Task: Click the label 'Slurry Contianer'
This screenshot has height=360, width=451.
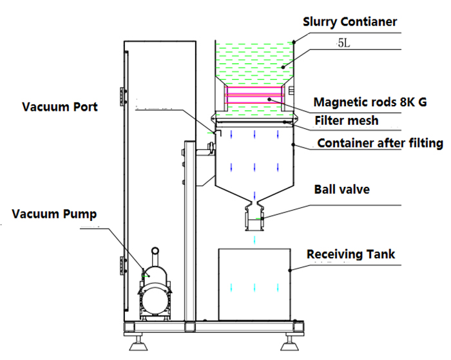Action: click(350, 21)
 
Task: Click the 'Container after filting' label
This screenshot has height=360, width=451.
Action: click(380, 144)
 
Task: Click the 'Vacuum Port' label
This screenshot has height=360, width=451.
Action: click(59, 106)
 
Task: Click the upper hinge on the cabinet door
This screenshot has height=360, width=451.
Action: click(120, 95)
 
